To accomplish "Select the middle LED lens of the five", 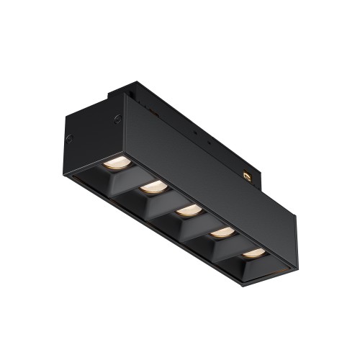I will point(188,211).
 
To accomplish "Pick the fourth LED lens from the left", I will point(222,233).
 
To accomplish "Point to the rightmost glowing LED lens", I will point(253,253).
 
